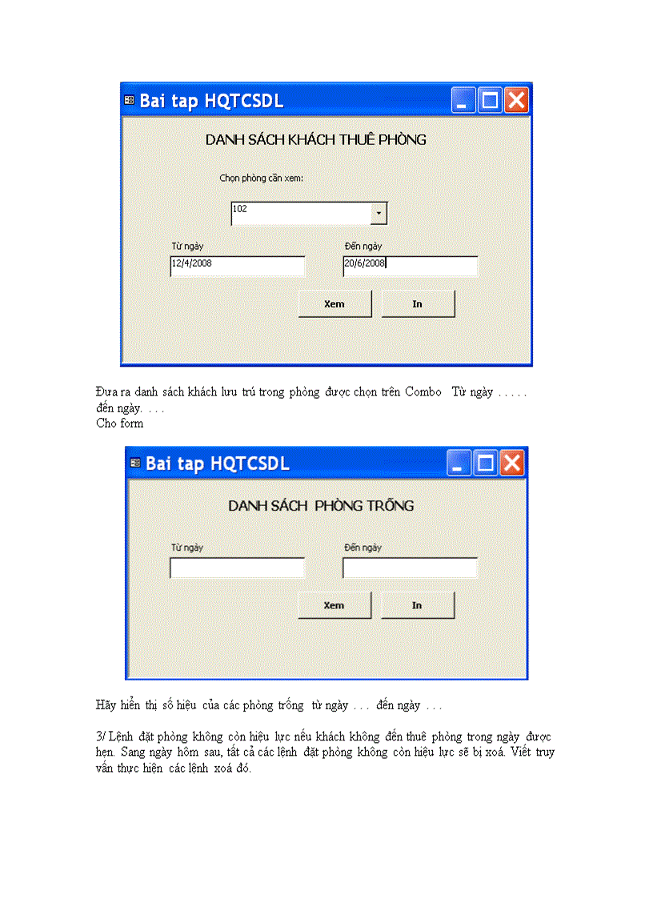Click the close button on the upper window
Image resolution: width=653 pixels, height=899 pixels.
pyautogui.click(x=516, y=100)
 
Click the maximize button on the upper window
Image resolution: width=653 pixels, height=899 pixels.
pyautogui.click(x=490, y=100)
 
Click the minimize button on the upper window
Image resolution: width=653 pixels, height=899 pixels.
pyautogui.click(x=463, y=100)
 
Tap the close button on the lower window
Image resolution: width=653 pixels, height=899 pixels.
pyautogui.click(x=512, y=463)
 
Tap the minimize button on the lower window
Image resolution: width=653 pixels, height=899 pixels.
pyautogui.click(x=459, y=463)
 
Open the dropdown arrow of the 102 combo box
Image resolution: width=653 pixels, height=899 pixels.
pyautogui.click(x=379, y=214)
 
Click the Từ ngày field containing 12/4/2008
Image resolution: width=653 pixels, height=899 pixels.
pyautogui.click(x=238, y=267)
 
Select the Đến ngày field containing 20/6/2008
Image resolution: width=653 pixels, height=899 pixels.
pyautogui.click(x=410, y=267)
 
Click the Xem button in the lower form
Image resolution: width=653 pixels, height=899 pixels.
pyautogui.click(x=335, y=605)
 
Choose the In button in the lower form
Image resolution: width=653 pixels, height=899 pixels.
pyautogui.click(x=417, y=605)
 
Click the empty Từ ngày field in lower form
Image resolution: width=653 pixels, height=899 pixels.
pyautogui.click(x=238, y=568)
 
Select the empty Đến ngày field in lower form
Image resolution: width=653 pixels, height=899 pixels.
pyautogui.click(x=410, y=568)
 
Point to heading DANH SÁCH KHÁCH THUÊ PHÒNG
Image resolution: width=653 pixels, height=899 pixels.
pyautogui.click(x=315, y=139)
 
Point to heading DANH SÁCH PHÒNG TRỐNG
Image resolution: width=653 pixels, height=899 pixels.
pyautogui.click(x=321, y=506)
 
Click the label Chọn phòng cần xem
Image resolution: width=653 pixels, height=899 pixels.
pyautogui.click(x=261, y=178)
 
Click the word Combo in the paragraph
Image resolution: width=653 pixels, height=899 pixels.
pyautogui.click(x=423, y=392)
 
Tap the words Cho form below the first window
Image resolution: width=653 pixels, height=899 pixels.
pyautogui.click(x=120, y=423)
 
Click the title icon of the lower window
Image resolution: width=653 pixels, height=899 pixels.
pyautogui.click(x=135, y=463)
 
